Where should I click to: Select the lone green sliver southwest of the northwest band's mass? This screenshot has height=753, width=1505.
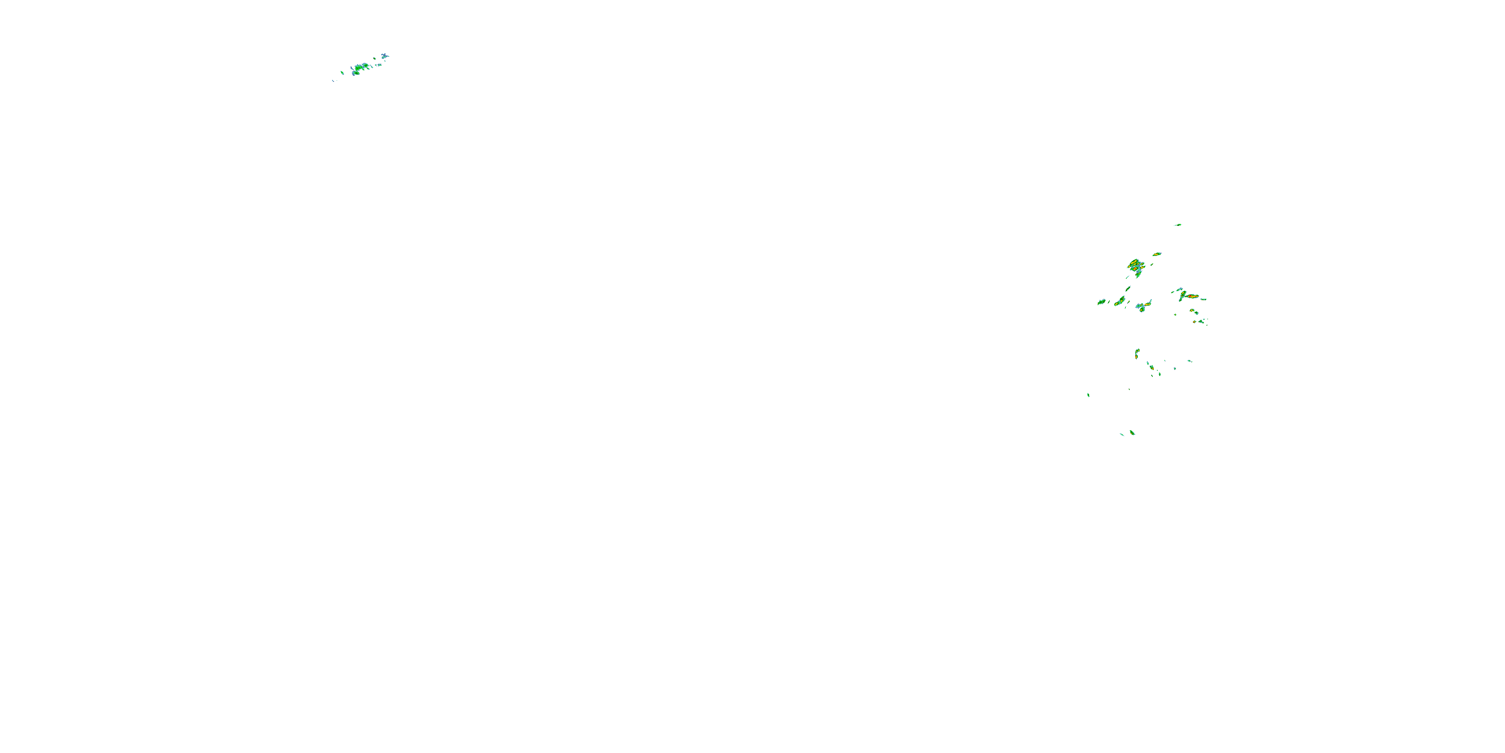click(x=342, y=73)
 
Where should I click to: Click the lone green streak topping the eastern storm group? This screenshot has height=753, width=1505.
click(x=1178, y=224)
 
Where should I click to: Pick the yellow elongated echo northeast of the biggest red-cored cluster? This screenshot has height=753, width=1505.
click(x=1156, y=255)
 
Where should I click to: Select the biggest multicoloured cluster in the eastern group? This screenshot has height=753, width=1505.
click(x=1135, y=266)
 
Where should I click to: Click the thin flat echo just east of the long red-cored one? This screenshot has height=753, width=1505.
click(x=1203, y=299)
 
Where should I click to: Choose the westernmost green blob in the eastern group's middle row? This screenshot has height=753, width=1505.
click(x=1101, y=302)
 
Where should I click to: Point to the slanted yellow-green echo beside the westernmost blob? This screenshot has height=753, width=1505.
click(x=1120, y=301)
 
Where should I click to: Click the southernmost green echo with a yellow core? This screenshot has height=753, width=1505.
click(x=1132, y=433)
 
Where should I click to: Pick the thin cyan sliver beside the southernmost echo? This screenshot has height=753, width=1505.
click(x=1122, y=434)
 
